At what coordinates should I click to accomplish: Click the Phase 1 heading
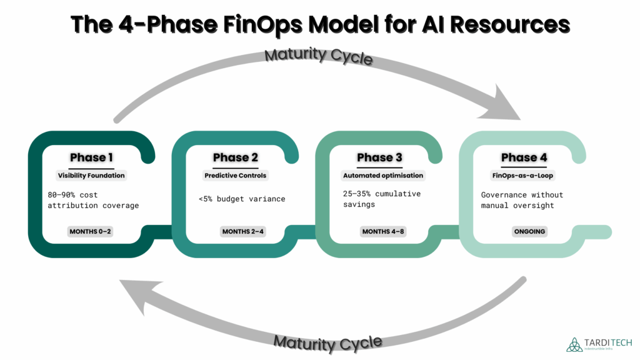coord(91,157)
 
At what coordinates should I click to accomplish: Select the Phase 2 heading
coord(235,157)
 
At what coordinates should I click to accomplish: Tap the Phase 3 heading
coord(379,157)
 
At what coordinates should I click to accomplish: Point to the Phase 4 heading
coord(524,157)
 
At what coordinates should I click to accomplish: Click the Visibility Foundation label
coord(91,176)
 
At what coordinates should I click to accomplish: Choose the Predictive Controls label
coord(235,176)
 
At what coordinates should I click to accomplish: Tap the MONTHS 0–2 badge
coord(91,232)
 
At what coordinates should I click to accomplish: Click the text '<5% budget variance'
coord(241,199)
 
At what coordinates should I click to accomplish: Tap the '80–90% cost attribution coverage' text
coord(93,200)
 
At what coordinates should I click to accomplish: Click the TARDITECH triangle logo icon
coord(574,344)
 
